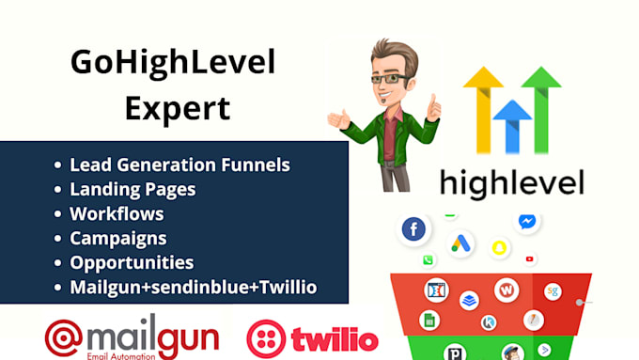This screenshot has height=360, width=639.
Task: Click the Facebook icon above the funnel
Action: [x=413, y=229]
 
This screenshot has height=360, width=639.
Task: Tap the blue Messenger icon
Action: [x=528, y=222]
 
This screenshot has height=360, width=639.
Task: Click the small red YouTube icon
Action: [x=530, y=259]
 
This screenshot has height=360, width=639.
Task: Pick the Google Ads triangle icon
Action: [x=460, y=243]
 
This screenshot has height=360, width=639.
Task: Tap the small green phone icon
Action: [x=429, y=260]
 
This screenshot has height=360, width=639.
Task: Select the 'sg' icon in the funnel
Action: [x=553, y=291]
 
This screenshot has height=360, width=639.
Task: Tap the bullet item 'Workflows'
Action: [x=117, y=213]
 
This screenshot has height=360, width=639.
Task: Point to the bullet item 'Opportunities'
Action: [x=132, y=262]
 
